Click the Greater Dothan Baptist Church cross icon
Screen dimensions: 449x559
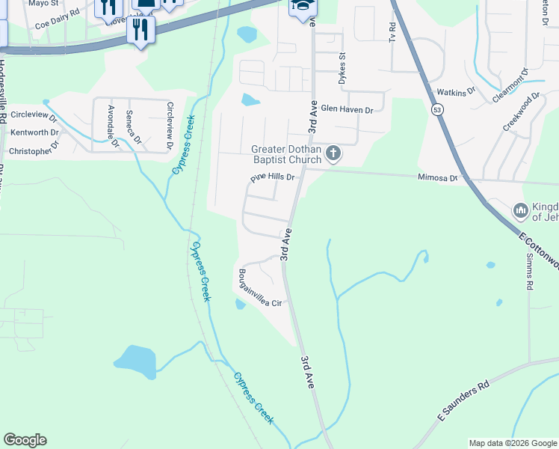(x=333, y=154)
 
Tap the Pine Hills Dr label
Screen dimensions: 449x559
(x=273, y=178)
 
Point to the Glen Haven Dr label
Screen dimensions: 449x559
(x=347, y=109)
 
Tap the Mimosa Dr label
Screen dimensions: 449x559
(x=436, y=177)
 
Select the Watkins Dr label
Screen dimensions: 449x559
(x=457, y=93)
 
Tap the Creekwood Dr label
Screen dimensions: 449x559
(x=521, y=112)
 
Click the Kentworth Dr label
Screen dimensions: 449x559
(x=34, y=132)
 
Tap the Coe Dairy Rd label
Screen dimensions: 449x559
(x=58, y=24)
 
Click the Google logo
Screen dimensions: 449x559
(x=25, y=440)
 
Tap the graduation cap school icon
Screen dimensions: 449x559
(x=303, y=6)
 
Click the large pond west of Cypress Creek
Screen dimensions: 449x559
(x=135, y=361)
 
